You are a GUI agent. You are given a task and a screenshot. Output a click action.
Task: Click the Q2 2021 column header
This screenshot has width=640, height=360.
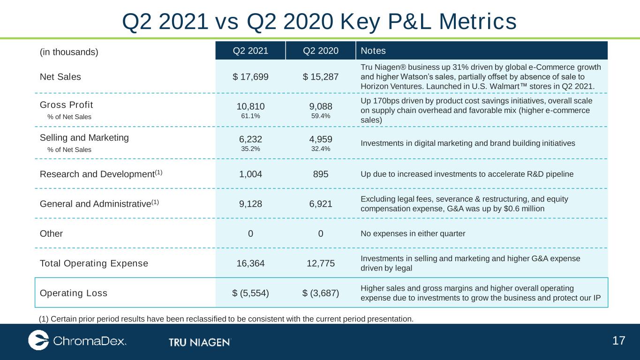[x=250, y=51]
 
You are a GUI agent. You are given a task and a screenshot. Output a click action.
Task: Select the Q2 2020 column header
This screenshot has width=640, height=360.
[x=321, y=51]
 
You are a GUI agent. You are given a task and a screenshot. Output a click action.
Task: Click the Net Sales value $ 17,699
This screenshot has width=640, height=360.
[x=250, y=76]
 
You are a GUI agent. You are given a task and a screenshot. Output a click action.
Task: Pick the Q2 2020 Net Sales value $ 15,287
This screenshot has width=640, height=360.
[x=321, y=76]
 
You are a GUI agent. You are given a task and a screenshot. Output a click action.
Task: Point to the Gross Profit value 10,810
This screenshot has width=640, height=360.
[x=250, y=106]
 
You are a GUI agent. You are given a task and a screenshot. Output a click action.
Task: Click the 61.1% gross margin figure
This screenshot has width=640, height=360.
[x=250, y=116]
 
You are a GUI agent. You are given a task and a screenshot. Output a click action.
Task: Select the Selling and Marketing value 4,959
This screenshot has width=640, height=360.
[x=321, y=139]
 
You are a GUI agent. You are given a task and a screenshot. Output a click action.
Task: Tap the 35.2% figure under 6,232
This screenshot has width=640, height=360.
[x=250, y=149]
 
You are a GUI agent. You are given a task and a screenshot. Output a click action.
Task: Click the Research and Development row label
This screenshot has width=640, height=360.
[x=101, y=174]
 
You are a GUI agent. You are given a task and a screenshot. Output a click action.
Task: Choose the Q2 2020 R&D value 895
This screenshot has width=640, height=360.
[x=321, y=174]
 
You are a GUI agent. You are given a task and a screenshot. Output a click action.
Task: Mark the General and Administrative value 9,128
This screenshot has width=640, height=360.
[x=250, y=204]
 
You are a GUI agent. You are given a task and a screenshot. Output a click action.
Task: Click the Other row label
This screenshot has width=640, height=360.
[x=51, y=233]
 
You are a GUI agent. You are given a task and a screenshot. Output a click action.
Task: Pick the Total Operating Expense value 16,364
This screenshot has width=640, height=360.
[x=250, y=263]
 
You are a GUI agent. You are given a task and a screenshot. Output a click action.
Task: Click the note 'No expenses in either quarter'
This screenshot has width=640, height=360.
[x=413, y=233]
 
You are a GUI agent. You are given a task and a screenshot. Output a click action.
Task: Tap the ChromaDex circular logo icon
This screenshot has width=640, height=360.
[x=38, y=340]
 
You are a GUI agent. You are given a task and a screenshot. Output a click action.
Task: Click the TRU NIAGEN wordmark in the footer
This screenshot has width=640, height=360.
[x=200, y=342]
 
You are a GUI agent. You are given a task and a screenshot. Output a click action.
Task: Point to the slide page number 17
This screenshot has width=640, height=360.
[x=618, y=341]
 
